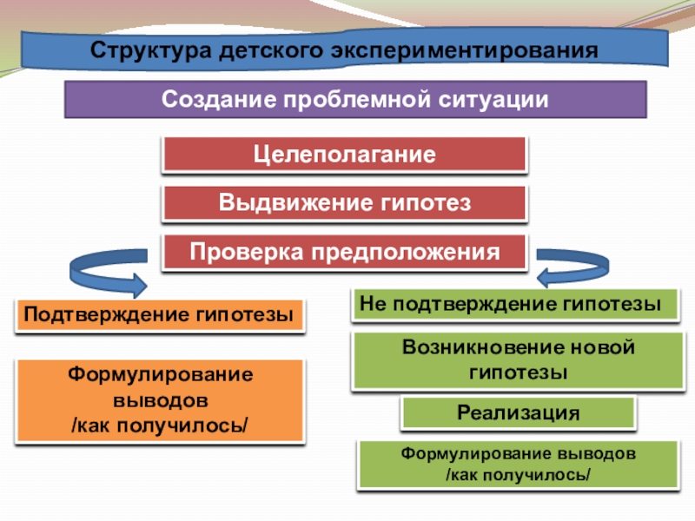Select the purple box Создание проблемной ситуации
(356, 99)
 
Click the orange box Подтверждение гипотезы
(159, 314)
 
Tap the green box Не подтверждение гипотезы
(516, 304)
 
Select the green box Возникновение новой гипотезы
(519, 360)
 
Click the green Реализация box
(519, 412)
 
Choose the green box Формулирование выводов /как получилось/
(519, 465)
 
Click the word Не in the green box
(373, 304)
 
